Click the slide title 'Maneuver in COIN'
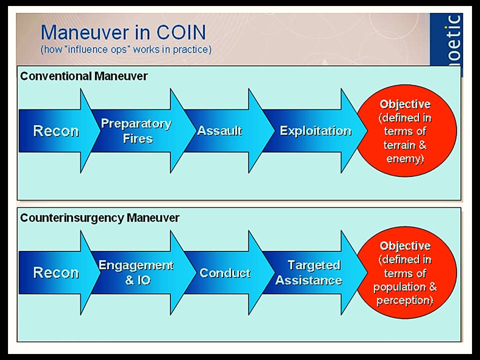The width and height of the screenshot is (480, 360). coord(123,33)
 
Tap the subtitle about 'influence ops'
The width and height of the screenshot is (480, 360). coord(126,49)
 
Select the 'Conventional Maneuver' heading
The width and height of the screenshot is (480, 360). coord(83,76)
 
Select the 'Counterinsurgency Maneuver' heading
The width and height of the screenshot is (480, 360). coord(99,218)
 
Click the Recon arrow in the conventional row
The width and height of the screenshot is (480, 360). coord(56,131)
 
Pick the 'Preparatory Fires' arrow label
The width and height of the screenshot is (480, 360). coord(136,130)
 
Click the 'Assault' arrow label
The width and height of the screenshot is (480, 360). coord(219,131)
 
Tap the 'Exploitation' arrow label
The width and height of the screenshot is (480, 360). coord(315,131)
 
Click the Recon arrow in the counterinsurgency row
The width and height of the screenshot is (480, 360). coord(56,272)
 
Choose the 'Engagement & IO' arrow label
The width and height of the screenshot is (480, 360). coord(136,272)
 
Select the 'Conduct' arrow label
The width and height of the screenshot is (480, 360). coord(224,273)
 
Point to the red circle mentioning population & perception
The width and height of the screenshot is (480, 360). coord(405,273)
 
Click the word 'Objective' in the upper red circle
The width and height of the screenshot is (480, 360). coord(405,104)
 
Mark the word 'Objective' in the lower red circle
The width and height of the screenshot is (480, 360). coord(405,246)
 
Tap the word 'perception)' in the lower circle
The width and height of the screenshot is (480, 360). coord(405,301)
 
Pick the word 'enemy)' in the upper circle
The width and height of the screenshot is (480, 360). coord(405,159)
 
